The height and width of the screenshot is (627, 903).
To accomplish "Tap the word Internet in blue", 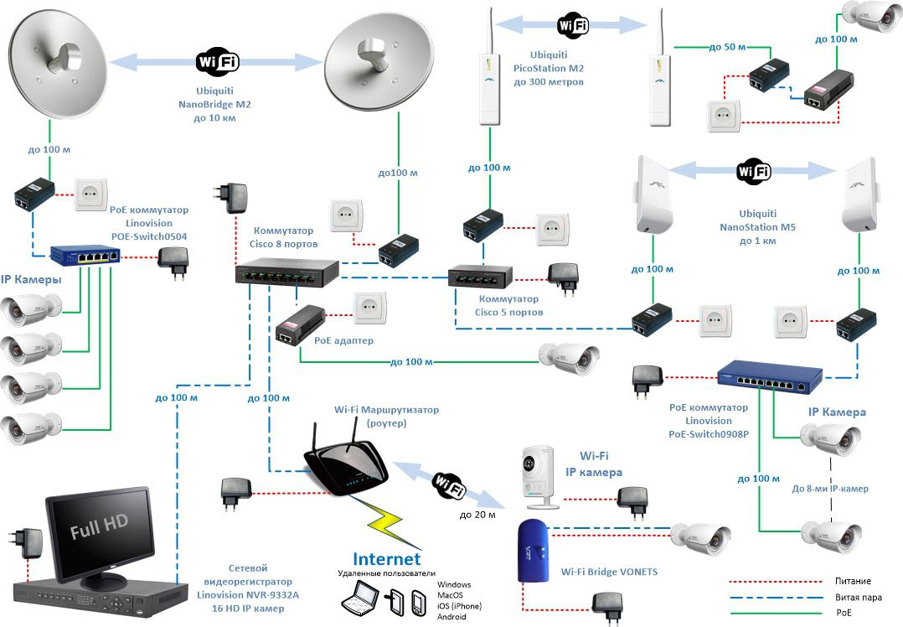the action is click(x=386, y=559).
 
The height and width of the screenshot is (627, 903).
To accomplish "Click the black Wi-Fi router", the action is click(x=345, y=462).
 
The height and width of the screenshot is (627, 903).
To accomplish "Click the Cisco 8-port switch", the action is click(x=286, y=272).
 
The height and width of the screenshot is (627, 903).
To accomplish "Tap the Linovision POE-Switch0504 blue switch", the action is click(x=85, y=255).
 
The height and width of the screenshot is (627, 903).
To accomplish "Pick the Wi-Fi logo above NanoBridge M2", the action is click(x=218, y=60).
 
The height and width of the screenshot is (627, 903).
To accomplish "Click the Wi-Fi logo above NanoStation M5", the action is click(x=753, y=171).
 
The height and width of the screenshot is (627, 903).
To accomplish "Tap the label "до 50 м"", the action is click(x=727, y=47).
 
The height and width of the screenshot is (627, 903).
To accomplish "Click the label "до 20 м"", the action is click(x=477, y=515).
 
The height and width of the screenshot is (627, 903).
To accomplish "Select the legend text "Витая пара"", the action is click(x=858, y=597).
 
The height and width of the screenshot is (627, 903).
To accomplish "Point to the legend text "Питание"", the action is click(x=853, y=581).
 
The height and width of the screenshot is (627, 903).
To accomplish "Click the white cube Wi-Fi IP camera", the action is click(x=539, y=477).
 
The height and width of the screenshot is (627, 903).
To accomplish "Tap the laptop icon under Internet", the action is click(x=361, y=598).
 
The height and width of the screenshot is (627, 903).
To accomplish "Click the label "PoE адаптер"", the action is click(x=343, y=340).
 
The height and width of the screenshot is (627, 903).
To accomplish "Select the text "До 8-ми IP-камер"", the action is click(x=830, y=489).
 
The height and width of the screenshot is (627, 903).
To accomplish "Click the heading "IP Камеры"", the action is click(x=31, y=279).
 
